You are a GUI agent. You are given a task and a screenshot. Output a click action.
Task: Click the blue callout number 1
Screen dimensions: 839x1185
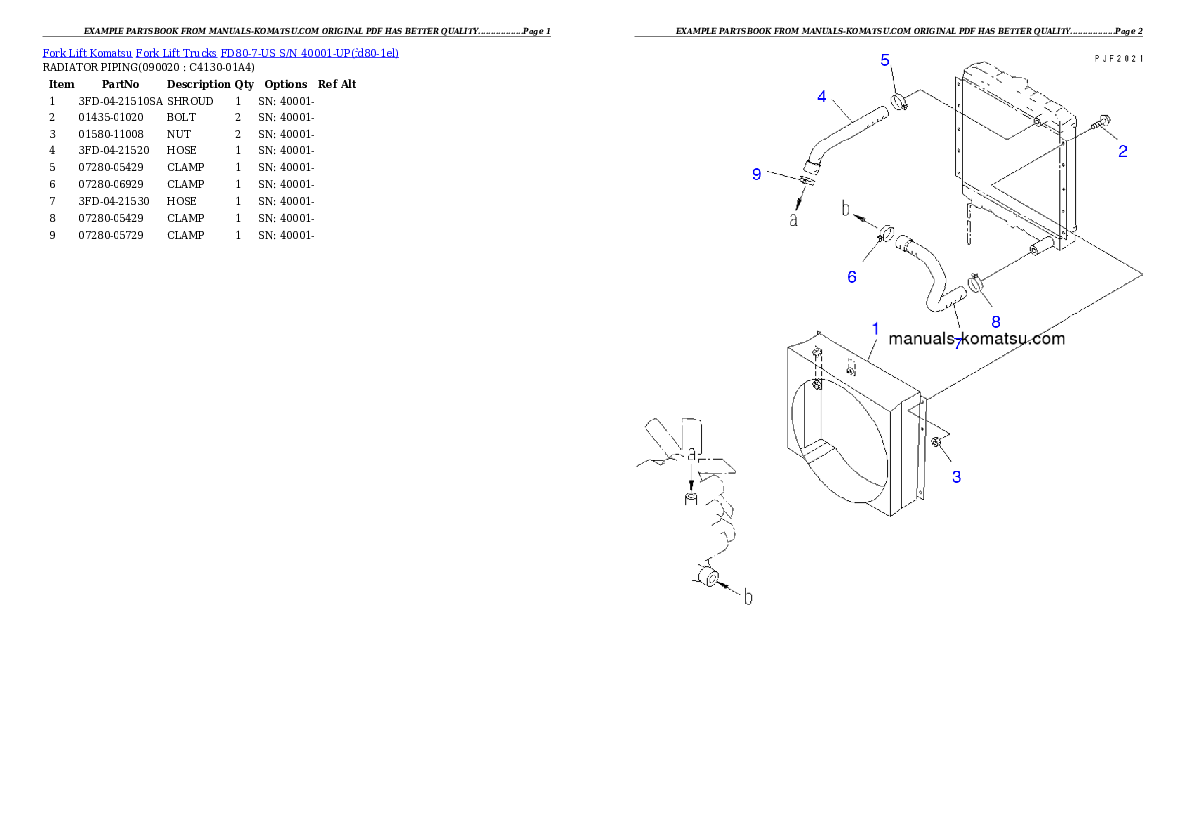click(875, 328)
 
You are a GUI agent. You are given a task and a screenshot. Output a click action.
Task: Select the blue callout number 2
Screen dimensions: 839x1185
click(1122, 152)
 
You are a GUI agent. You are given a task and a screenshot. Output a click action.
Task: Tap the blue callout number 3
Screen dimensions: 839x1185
click(956, 477)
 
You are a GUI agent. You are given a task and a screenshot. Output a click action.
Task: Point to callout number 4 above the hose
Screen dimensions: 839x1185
click(821, 96)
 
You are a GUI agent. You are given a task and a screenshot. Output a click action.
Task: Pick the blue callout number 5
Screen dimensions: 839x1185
click(885, 60)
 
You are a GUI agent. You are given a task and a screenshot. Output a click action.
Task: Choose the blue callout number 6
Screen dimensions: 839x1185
click(852, 277)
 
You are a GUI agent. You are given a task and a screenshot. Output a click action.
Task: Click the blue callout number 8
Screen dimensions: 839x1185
click(994, 321)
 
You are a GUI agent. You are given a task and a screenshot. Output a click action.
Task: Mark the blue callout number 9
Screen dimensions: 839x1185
click(757, 174)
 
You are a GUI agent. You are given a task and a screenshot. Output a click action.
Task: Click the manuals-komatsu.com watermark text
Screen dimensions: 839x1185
click(976, 339)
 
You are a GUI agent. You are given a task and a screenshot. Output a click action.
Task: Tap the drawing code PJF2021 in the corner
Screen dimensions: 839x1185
click(1117, 59)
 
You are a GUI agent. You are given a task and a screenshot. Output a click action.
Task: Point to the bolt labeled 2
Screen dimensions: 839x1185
click(1101, 125)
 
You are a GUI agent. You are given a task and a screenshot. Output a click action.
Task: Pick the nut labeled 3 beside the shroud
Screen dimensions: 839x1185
click(936, 442)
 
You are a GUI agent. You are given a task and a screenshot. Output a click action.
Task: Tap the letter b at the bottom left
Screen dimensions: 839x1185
click(748, 597)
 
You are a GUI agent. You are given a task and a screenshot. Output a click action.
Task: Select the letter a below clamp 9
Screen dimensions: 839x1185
click(793, 219)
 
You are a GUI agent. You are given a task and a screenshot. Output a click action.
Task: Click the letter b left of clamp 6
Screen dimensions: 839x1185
click(847, 209)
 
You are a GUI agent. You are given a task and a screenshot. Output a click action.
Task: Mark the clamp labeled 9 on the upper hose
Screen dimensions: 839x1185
click(804, 179)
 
